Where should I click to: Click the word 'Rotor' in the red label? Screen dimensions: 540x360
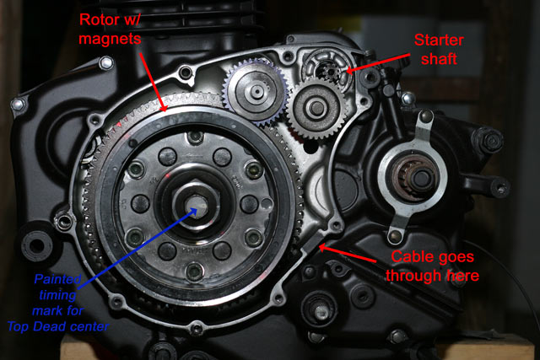[x=100, y=19]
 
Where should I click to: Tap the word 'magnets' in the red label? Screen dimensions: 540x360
[x=110, y=39]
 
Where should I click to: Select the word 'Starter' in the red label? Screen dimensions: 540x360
[x=439, y=40]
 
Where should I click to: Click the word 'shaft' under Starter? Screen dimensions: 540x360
[x=439, y=58]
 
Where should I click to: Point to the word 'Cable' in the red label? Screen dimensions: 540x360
[x=411, y=257]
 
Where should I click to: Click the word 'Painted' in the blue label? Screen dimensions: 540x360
[x=57, y=279]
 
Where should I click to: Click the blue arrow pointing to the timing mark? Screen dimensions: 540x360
[x=138, y=247]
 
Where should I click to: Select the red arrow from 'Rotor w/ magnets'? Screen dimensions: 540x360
[x=154, y=83]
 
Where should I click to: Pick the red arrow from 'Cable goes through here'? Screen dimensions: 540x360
[x=347, y=254]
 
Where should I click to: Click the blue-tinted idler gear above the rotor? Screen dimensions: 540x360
[x=256, y=91]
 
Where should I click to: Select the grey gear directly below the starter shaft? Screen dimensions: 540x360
[x=316, y=108]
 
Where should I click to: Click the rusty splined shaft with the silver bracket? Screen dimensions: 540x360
[x=413, y=178]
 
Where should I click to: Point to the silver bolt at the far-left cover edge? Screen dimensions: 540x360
[x=18, y=104]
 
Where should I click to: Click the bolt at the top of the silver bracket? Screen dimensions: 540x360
[x=426, y=116]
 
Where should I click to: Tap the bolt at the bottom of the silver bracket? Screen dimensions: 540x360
[x=395, y=236]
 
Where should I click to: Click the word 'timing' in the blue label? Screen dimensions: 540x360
[x=57, y=294]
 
